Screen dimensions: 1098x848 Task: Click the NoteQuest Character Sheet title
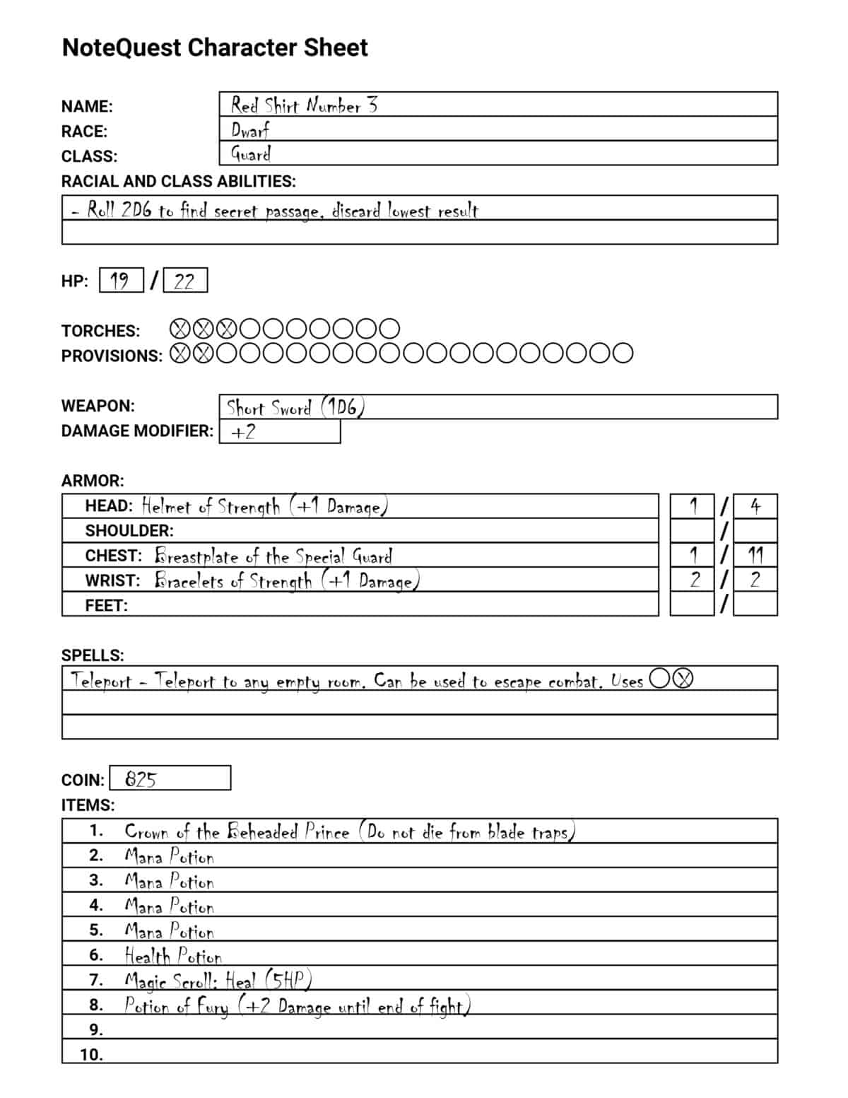click(x=215, y=48)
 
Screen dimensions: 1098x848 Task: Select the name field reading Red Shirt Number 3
click(x=304, y=105)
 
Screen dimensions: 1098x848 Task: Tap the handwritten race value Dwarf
click(x=249, y=130)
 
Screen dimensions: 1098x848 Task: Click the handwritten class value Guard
click(x=251, y=154)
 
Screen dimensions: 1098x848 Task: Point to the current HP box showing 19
click(x=121, y=281)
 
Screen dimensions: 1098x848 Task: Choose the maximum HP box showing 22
click(x=184, y=281)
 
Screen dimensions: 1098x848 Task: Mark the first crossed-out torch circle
click(x=181, y=329)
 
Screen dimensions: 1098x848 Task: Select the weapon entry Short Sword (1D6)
click(x=295, y=408)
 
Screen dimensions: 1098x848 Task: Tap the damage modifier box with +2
click(x=280, y=432)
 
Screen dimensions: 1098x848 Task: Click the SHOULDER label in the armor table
click(x=129, y=531)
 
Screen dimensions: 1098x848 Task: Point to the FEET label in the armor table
click(x=106, y=606)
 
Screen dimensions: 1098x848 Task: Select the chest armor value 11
click(x=755, y=555)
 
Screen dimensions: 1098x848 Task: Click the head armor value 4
click(x=755, y=506)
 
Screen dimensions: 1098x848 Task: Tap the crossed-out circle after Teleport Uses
click(x=683, y=679)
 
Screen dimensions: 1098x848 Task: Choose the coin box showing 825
click(x=170, y=778)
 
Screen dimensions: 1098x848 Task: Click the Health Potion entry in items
click(x=173, y=956)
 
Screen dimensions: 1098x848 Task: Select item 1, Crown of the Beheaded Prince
click(x=349, y=832)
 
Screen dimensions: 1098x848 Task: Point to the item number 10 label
click(x=91, y=1055)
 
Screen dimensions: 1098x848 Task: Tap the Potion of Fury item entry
click(x=297, y=1006)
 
